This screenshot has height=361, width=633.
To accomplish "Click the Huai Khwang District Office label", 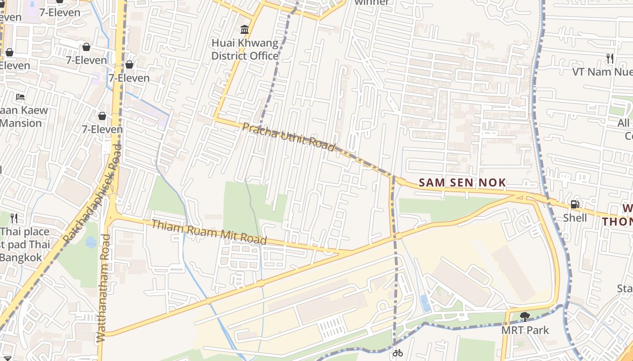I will (245, 50).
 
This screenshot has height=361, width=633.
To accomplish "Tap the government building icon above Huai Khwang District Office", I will (245, 30).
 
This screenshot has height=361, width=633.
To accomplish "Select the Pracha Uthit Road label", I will (288, 137).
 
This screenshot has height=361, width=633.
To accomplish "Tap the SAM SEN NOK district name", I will (462, 183).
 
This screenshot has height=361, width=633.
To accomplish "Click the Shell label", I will (575, 218).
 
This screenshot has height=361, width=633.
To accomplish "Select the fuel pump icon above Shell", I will (575, 204).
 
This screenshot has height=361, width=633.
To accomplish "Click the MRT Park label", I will (525, 330).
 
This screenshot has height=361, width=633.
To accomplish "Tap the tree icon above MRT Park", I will (524, 316).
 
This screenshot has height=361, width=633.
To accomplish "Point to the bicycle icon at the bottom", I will (398, 353).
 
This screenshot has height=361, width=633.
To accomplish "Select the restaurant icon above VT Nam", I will (610, 58).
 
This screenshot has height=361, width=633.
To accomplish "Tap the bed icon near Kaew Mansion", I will (20, 97).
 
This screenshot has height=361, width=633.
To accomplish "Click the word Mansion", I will (21, 123).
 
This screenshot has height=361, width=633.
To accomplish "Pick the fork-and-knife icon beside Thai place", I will (14, 218).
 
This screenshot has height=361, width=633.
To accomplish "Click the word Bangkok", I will (21, 258).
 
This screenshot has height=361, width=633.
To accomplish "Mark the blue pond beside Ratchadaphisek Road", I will (91, 242).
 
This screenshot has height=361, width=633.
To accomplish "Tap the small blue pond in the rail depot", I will (425, 303).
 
